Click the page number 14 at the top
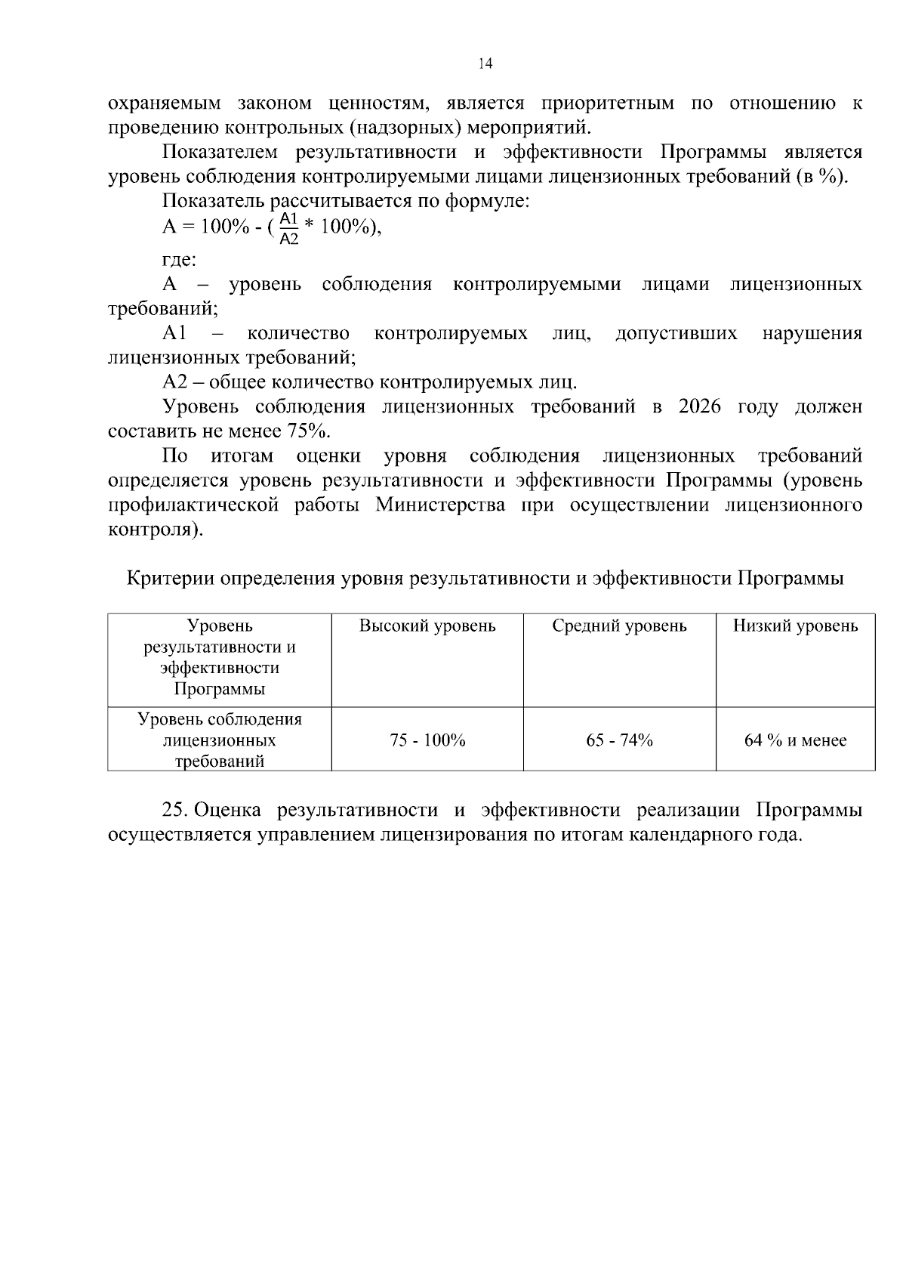(x=485, y=64)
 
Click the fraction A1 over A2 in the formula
(x=289, y=228)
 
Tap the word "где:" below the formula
(x=179, y=260)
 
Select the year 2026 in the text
(x=700, y=406)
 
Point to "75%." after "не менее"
(x=309, y=431)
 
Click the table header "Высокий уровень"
(x=427, y=626)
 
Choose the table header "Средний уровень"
(x=619, y=626)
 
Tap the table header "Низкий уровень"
(x=795, y=626)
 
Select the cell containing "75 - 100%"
(x=427, y=740)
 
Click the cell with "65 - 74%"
(x=619, y=740)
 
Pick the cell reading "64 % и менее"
(x=795, y=740)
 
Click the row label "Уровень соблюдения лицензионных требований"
(x=220, y=740)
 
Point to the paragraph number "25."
(x=175, y=811)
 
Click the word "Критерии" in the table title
(x=170, y=579)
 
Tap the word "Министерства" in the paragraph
(x=440, y=505)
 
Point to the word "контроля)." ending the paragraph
(x=155, y=529)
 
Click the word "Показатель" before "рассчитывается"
(x=214, y=201)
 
